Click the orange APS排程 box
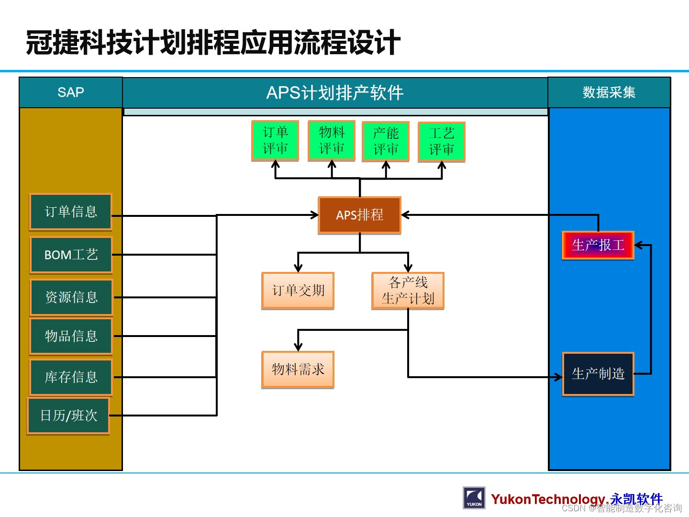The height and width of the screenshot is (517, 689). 359,215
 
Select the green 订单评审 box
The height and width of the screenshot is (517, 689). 275,140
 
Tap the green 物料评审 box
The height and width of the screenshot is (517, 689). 332,140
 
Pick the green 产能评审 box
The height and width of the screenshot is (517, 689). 386,141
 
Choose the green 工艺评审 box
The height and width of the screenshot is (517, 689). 441,142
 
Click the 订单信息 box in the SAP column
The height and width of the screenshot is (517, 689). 71,212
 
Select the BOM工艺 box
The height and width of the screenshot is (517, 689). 71,255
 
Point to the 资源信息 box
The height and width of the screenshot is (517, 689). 71,297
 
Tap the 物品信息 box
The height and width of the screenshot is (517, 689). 71,336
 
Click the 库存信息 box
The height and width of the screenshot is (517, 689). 71,377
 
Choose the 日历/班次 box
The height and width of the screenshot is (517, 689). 68,416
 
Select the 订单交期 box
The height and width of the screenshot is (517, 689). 298,291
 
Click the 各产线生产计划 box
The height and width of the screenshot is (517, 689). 408,291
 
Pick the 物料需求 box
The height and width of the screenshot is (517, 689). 298,369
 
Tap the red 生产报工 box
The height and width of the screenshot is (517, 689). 598,245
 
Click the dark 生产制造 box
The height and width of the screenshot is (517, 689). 598,374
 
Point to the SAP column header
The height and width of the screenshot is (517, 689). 71,92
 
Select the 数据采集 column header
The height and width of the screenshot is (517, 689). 609,92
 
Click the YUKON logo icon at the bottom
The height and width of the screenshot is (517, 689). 474,498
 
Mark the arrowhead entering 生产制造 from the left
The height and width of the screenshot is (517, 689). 558,377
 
